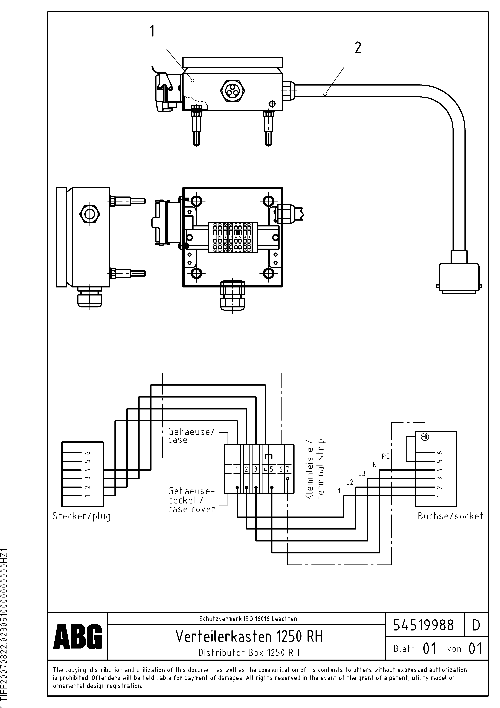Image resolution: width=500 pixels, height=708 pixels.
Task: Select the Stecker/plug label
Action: coord(81,516)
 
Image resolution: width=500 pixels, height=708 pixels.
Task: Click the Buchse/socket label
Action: coord(450,516)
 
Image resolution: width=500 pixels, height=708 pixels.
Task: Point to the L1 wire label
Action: coord(337,491)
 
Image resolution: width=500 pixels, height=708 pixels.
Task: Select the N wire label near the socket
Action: coord(375,465)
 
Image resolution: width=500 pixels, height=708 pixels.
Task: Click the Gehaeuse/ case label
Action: coord(191,435)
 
